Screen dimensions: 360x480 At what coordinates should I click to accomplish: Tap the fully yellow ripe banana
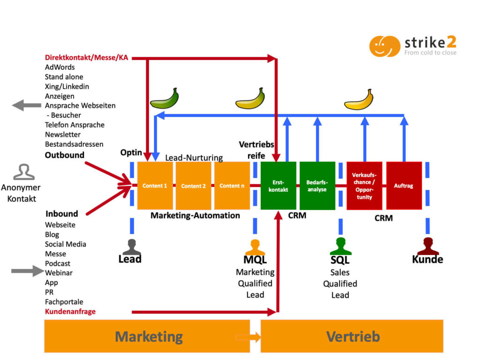click(x=359, y=100)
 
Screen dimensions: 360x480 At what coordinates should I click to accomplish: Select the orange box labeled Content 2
click(x=194, y=186)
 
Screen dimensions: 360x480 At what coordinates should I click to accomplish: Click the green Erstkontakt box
click(x=278, y=186)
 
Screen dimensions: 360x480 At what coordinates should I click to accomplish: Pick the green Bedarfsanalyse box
click(x=317, y=186)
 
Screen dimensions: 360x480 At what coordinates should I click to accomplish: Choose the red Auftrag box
click(x=404, y=186)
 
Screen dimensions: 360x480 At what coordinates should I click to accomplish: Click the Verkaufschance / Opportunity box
click(x=364, y=186)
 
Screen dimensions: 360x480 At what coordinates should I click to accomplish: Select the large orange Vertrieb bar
click(x=352, y=336)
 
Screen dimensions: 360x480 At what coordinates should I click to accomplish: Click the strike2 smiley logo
click(x=384, y=46)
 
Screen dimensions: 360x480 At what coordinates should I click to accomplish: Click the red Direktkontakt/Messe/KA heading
click(x=86, y=58)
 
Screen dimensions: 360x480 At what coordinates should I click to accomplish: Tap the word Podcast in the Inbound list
click(x=58, y=263)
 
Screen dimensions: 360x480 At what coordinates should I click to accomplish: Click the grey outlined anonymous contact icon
click(x=23, y=172)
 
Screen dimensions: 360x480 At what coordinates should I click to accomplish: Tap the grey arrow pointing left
click(x=26, y=105)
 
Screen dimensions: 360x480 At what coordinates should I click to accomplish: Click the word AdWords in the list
click(x=60, y=67)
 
